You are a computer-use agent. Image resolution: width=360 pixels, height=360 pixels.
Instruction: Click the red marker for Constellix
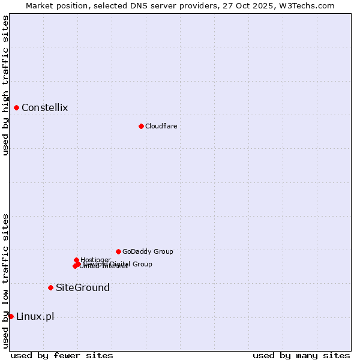pyautogui.click(x=17, y=108)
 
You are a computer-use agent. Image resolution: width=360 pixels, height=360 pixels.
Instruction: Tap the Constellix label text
pyautogui.click(x=44, y=108)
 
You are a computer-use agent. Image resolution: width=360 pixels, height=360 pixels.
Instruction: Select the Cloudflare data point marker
pyautogui.click(x=141, y=126)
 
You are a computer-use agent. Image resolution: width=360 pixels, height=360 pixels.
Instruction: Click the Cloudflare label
pyautogui.click(x=161, y=126)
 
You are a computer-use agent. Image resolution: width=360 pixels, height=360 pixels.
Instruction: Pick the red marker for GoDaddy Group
pyautogui.click(x=118, y=251)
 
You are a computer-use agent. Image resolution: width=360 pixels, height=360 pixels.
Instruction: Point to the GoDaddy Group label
pyautogui.click(x=148, y=251)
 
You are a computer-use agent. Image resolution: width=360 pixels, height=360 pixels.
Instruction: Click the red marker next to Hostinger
pyautogui.click(x=77, y=260)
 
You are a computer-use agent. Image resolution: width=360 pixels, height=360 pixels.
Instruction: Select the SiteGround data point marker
pyautogui.click(x=50, y=287)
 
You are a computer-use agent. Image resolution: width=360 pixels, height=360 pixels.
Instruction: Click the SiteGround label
pyautogui.click(x=83, y=287)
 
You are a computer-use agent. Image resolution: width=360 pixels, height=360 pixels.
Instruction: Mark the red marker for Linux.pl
pyautogui.click(x=11, y=316)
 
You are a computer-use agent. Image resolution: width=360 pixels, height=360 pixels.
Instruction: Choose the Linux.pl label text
pyautogui.click(x=35, y=316)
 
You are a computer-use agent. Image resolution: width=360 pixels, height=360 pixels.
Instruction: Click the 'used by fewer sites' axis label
pyautogui.click(x=62, y=355)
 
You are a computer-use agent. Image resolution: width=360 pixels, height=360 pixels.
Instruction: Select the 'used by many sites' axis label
pyautogui.click(x=301, y=355)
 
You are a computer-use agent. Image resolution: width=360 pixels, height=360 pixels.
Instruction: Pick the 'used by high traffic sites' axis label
pyautogui.click(x=5, y=86)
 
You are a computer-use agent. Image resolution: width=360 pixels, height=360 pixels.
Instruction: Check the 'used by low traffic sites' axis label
pyautogui.click(x=5, y=281)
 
